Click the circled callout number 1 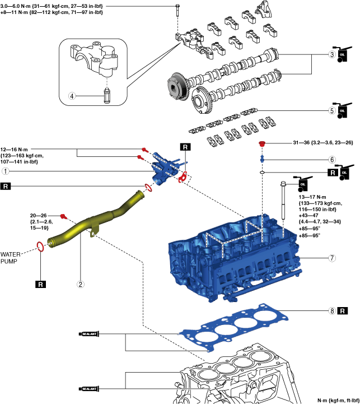click(6, 171)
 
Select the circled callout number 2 click(81, 284)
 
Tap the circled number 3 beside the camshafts click(332, 54)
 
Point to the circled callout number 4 click(72, 96)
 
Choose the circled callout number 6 click(332, 160)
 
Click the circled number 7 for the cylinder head click(332, 258)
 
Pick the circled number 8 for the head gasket click(332, 311)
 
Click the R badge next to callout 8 click(343, 311)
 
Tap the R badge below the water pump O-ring click(40, 285)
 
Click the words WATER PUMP click(10, 258)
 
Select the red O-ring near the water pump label click(40, 247)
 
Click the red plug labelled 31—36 click(262, 143)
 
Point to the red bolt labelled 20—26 click(63, 216)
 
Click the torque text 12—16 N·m click(14, 150)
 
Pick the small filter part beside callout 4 click(107, 96)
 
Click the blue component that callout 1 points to click(165, 170)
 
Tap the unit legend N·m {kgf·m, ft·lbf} click(338, 401)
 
